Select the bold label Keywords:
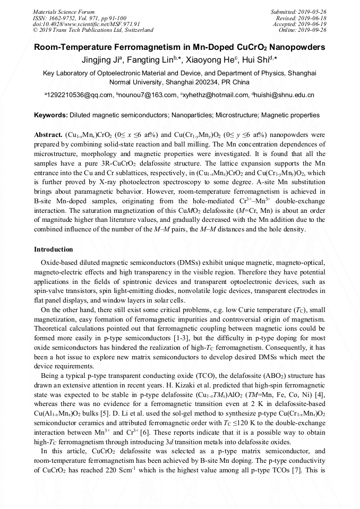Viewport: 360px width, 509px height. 51,115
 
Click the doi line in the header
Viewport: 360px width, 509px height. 86,24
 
